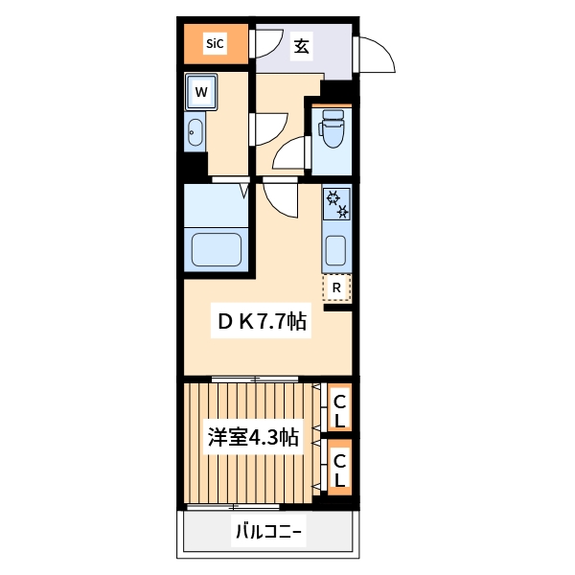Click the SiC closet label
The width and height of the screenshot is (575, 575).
[x=215, y=43]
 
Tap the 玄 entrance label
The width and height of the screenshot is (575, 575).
[x=301, y=44]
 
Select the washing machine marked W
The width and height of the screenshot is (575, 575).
[x=201, y=92]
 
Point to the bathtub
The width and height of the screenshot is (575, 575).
[x=219, y=249]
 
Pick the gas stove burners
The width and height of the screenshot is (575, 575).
[x=337, y=203]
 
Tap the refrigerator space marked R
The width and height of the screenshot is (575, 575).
[x=337, y=287]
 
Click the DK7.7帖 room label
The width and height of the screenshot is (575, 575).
[x=261, y=323]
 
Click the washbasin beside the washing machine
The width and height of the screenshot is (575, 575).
[x=195, y=133]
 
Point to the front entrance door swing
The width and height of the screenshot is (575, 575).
[x=376, y=57]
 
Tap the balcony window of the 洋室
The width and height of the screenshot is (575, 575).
[x=234, y=505]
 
